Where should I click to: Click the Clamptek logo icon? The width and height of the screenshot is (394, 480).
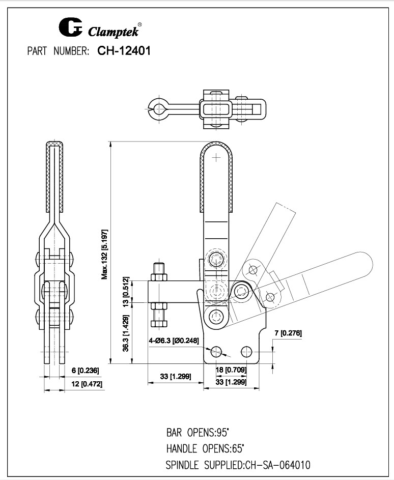click(71, 29)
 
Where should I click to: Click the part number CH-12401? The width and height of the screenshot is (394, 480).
click(123, 51)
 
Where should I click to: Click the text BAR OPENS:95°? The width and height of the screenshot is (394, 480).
click(198, 433)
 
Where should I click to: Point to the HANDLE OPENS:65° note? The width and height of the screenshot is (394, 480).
click(205, 449)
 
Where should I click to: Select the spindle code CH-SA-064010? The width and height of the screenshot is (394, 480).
click(277, 465)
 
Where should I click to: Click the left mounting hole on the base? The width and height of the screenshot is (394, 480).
click(217, 351)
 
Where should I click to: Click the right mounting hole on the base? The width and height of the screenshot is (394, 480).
click(247, 351)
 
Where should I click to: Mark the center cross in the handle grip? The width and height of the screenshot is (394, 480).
click(217, 158)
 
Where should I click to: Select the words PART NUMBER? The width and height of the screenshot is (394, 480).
click(59, 51)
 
